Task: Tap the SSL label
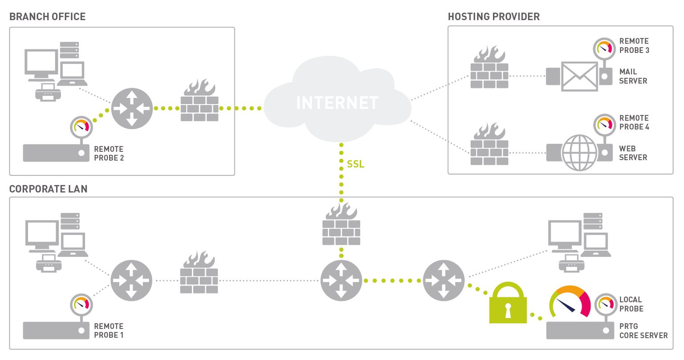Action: click(x=355, y=164)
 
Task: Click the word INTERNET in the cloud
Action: click(x=337, y=103)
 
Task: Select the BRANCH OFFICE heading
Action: click(x=47, y=17)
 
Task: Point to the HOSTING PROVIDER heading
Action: click(x=493, y=17)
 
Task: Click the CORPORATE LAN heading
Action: click(x=48, y=189)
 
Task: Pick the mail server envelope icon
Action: click(x=579, y=76)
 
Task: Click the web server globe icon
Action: click(x=579, y=153)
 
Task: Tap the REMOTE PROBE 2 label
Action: click(x=109, y=154)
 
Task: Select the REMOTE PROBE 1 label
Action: click(x=109, y=331)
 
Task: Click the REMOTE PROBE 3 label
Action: click(x=634, y=46)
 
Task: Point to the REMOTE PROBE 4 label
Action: click(x=634, y=122)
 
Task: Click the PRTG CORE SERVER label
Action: click(x=643, y=331)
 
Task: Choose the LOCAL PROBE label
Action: click(x=631, y=304)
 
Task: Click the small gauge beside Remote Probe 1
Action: click(x=81, y=304)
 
